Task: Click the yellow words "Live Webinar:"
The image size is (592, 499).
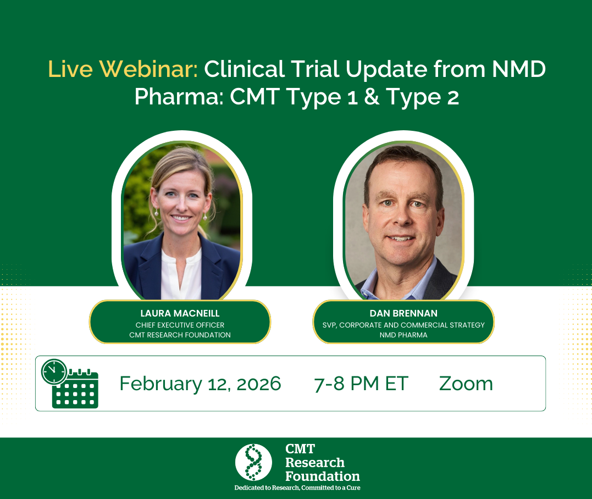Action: tap(123, 69)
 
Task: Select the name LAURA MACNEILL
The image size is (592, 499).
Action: tap(180, 313)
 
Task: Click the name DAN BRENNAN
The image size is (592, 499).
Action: tap(403, 313)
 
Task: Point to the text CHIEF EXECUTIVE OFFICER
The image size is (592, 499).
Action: tap(180, 325)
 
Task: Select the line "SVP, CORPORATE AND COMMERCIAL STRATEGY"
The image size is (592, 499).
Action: tap(403, 325)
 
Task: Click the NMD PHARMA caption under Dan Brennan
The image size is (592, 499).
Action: tap(403, 335)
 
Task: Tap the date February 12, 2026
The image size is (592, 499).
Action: tap(200, 384)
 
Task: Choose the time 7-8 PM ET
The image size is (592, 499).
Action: tap(361, 384)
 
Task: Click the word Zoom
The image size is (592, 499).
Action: tap(466, 384)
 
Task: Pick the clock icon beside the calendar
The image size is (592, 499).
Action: tap(54, 372)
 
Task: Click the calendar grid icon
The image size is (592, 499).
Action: tap(75, 391)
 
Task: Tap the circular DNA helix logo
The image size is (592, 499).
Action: tap(253, 462)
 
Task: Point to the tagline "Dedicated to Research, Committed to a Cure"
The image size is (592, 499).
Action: tap(297, 487)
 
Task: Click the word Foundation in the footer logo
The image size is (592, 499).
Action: tap(323, 476)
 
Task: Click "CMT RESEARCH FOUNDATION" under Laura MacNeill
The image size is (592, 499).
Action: tap(180, 335)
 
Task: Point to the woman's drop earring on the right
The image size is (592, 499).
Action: tap(205, 217)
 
